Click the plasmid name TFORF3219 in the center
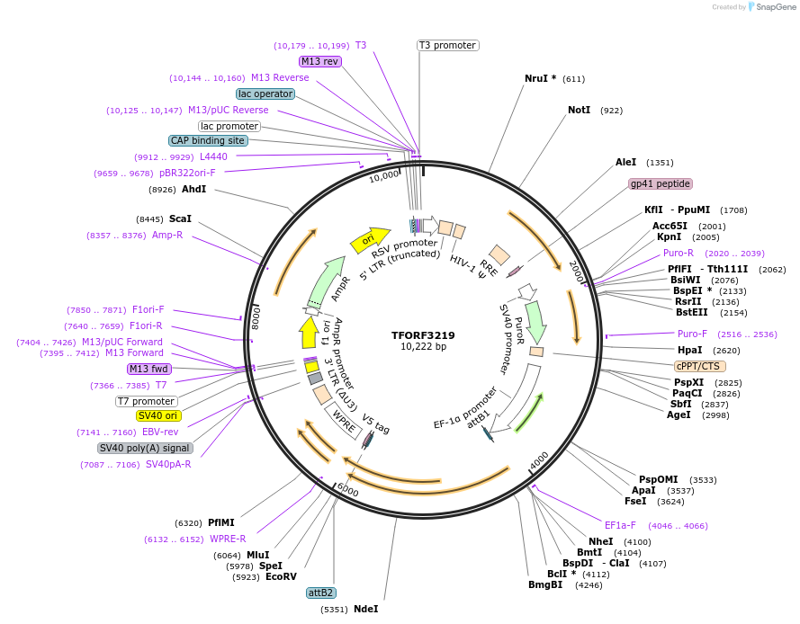pyautogui.click(x=423, y=335)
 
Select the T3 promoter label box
pyautogui.click(x=447, y=45)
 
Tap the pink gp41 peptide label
pyautogui.click(x=661, y=183)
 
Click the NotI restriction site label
pyautogui.click(x=579, y=110)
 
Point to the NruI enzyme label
pyautogui.click(x=540, y=78)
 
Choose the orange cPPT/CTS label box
pyautogui.click(x=699, y=366)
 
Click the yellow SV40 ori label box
pyautogui.click(x=158, y=415)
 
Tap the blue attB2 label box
pyautogui.click(x=321, y=593)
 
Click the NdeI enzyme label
pyautogui.click(x=365, y=609)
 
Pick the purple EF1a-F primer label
pyautogui.click(x=620, y=525)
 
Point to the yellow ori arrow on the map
pyautogui.click(x=367, y=240)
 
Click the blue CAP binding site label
pyautogui.click(x=207, y=140)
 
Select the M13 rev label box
pyautogui.click(x=320, y=61)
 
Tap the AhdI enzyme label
pyautogui.click(x=193, y=189)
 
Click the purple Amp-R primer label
pyautogui.click(x=166, y=235)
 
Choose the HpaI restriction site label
pyautogui.click(x=689, y=350)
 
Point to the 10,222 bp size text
pyautogui.click(x=423, y=347)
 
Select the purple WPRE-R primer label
pyautogui.click(x=228, y=539)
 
